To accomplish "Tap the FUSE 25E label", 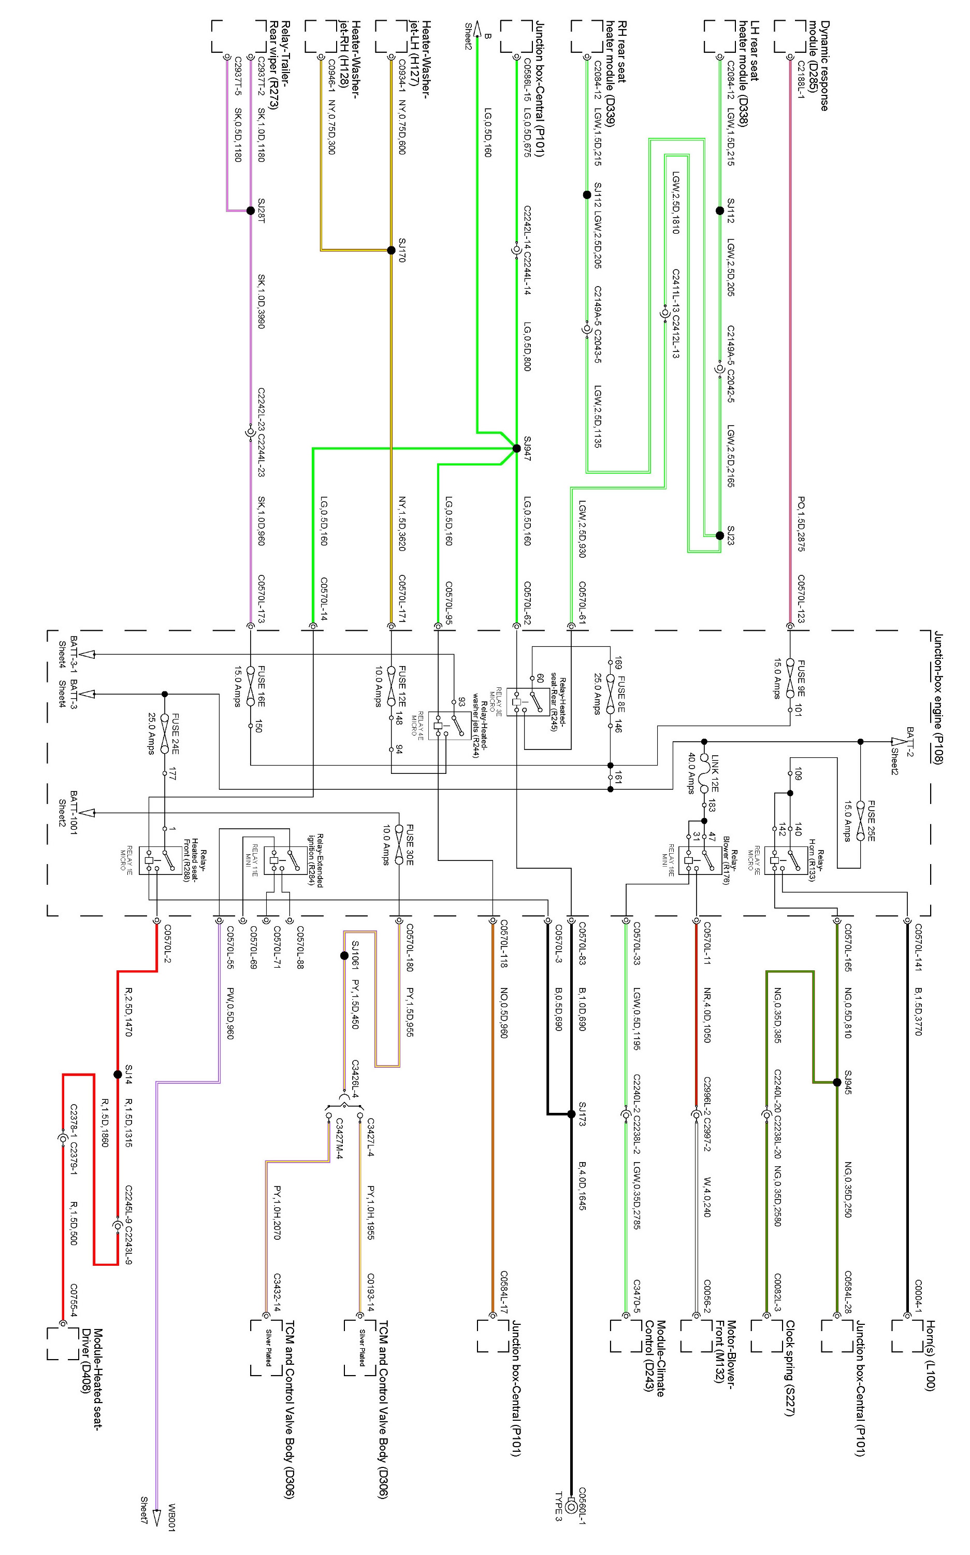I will pos(871,820).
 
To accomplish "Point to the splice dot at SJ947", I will pos(516,448).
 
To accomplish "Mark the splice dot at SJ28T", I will pos(251,210).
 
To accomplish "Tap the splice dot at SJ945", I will pos(836,1082).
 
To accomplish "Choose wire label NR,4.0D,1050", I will pos(707,1014).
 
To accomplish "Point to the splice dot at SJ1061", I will pos(344,956).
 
